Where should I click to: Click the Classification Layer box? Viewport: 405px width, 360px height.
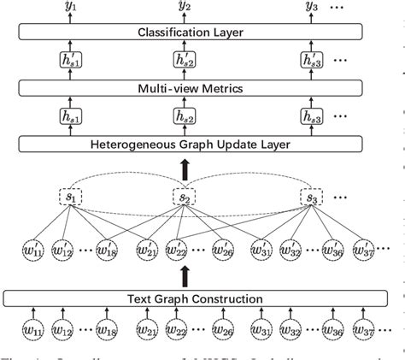pos(185,32)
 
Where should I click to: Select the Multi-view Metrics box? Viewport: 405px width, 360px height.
pos(185,88)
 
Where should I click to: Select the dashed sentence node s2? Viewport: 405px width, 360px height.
pos(184,198)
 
